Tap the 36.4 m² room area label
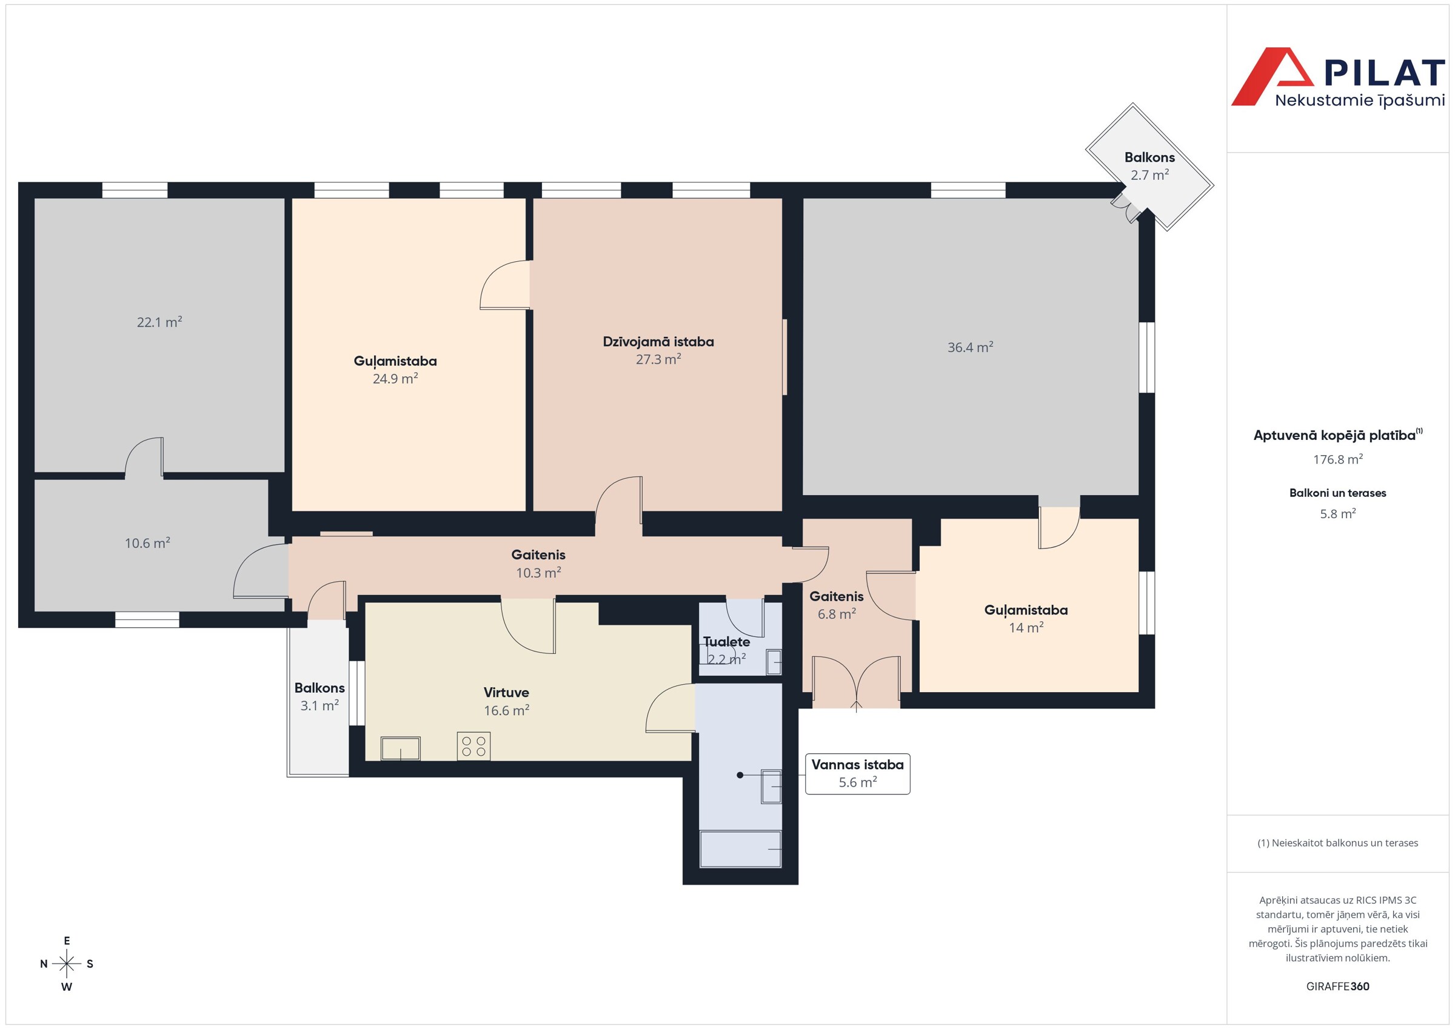coord(970,347)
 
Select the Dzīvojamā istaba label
coord(658,342)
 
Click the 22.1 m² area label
coord(159,322)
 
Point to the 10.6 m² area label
coord(148,543)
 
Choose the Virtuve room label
coord(506,693)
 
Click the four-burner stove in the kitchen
coord(473,746)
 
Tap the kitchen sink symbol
coord(401,748)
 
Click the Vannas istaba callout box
coord(857,774)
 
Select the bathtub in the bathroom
coord(740,849)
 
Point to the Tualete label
coord(726,642)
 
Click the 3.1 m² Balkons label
coord(319,696)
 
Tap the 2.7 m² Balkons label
coord(1149,166)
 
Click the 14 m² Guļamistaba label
coord(1026,618)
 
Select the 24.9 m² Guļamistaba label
coord(395,370)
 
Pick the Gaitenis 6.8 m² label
coord(837,605)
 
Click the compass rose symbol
coord(67,964)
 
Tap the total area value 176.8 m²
coord(1338,459)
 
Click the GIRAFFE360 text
coord(1338,987)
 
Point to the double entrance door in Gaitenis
coord(856,683)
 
